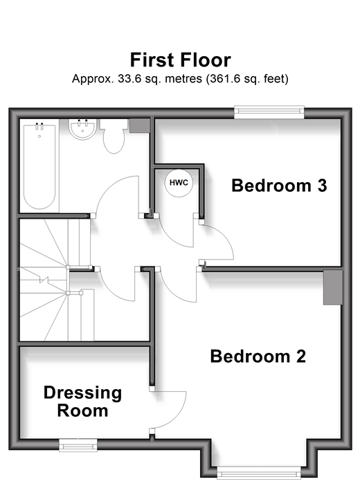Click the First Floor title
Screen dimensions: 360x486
point(180,60)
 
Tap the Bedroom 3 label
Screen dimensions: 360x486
point(279,186)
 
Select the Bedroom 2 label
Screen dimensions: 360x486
point(258,356)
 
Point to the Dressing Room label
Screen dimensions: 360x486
point(82,402)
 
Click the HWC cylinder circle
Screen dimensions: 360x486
point(179,183)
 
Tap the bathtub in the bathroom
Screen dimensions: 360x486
point(39,166)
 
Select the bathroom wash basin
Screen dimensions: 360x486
point(82,129)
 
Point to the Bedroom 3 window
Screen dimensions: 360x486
point(269,112)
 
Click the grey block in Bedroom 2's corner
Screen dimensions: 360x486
point(333,287)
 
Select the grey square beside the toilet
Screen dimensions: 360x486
point(140,126)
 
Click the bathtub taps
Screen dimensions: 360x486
point(39,126)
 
